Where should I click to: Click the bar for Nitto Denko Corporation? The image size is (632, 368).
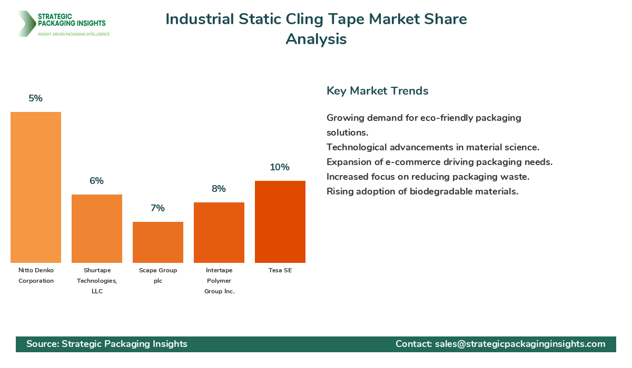click(36, 187)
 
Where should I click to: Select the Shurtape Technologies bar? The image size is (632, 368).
click(97, 229)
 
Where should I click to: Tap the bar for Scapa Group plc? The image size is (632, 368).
click(158, 242)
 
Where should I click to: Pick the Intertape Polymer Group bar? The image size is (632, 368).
click(219, 232)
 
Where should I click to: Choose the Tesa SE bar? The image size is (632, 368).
click(280, 222)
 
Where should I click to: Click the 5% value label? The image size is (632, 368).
click(35, 98)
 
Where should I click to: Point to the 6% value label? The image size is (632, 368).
click(96, 181)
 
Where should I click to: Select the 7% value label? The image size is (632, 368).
click(157, 208)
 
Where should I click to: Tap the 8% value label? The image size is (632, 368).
click(219, 189)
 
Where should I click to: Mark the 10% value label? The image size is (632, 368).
click(280, 167)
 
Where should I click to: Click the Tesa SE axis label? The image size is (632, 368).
click(280, 270)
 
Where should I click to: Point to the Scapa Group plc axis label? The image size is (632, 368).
click(158, 275)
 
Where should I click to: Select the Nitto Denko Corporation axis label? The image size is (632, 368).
click(36, 275)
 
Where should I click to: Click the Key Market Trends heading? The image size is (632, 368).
click(377, 91)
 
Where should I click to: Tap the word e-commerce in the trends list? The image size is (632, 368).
click(395, 162)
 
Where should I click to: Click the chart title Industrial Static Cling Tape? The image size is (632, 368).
click(316, 19)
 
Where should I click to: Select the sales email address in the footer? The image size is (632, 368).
click(520, 344)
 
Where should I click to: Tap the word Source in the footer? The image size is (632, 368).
click(42, 344)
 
